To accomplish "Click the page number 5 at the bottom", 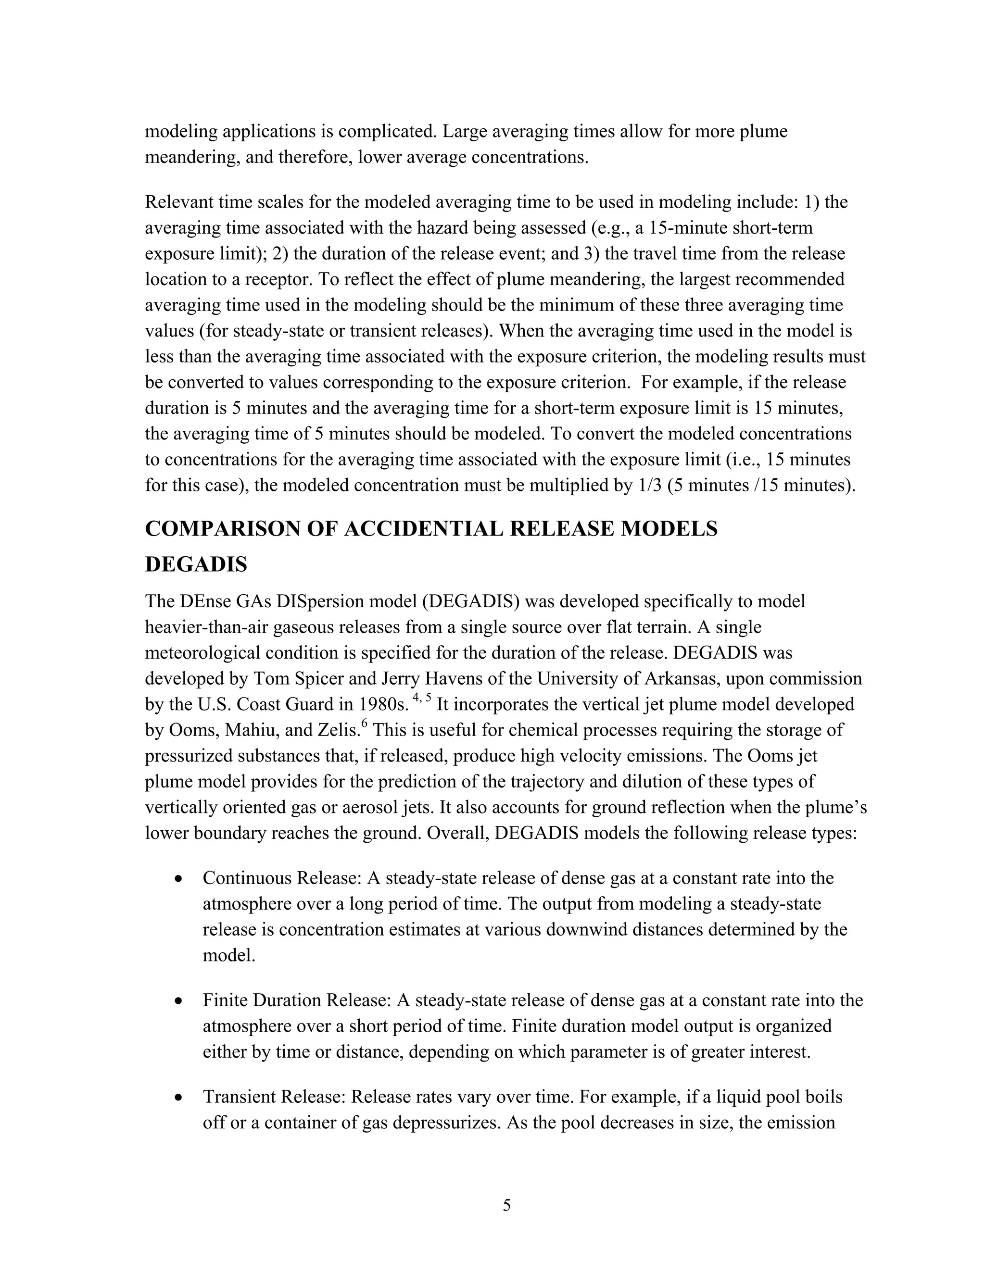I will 506,1205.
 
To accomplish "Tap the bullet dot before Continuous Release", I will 180,878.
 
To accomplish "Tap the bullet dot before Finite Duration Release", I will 180,1001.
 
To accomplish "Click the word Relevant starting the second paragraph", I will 178,202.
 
